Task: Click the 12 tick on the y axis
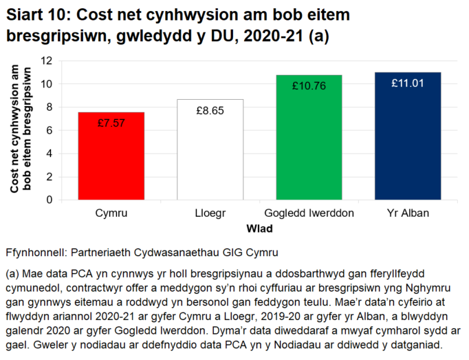pyautogui.click(x=47, y=61)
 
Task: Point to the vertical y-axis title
pyautogui.click(x=20, y=130)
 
